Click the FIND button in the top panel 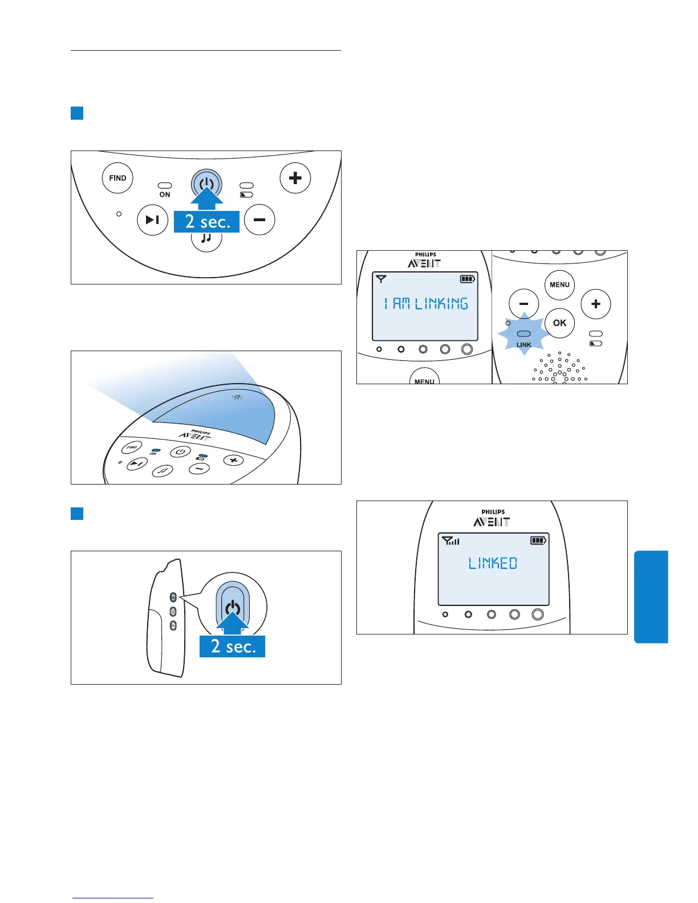[117, 178]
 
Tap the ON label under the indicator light [165, 194]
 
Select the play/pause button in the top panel [152, 219]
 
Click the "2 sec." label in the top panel [207, 222]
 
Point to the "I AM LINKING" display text [425, 303]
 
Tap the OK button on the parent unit [559, 323]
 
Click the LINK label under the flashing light [523, 345]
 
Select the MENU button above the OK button [559, 284]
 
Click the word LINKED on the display [493, 563]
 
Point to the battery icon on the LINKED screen [538, 540]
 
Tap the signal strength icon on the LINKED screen [451, 540]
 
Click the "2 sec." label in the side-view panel [233, 646]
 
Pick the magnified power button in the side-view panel [232, 607]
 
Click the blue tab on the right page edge [651, 596]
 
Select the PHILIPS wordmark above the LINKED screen [493, 512]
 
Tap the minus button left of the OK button [523, 304]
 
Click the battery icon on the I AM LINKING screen [467, 279]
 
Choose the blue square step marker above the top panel [77, 113]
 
